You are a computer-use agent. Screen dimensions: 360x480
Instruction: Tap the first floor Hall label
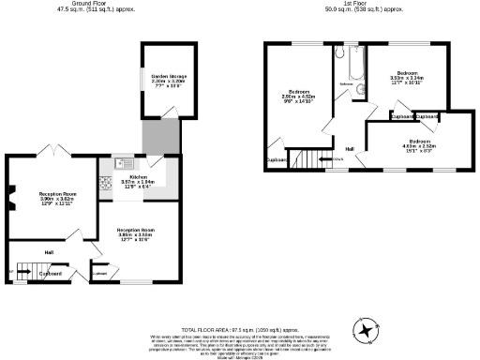[350, 148]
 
